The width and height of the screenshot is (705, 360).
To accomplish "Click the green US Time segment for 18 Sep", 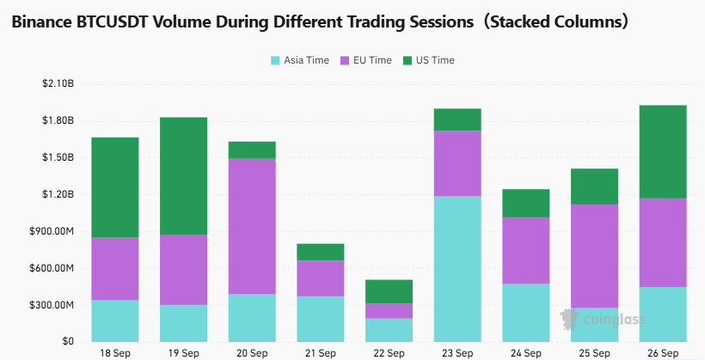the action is [x=115, y=187].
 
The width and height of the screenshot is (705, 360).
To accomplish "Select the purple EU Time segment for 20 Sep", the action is [x=252, y=226].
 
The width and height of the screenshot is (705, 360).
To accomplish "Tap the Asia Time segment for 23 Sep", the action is [x=457, y=269].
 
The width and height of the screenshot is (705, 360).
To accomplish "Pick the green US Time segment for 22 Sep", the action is [x=389, y=291].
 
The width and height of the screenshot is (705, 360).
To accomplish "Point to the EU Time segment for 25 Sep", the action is [x=594, y=256].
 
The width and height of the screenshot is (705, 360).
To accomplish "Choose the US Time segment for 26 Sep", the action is [x=663, y=152].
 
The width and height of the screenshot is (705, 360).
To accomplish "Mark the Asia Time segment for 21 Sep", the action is [x=321, y=319].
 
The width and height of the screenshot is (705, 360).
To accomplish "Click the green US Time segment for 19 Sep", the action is [x=183, y=176].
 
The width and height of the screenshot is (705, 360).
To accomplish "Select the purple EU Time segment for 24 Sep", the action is [x=526, y=250].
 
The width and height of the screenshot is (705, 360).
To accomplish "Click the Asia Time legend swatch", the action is [x=275, y=60].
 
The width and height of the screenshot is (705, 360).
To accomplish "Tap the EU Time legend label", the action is [x=372, y=60].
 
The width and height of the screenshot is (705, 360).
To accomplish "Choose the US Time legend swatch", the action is [x=408, y=60].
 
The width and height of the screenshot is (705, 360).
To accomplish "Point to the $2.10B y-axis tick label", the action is [x=58, y=83].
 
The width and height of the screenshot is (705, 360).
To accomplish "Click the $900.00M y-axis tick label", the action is [x=52, y=231].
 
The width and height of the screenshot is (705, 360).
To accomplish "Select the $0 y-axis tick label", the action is [x=67, y=342].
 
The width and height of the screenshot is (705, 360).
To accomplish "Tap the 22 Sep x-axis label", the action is [x=389, y=353].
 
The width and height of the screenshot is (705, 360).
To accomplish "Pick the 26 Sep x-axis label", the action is [x=663, y=353].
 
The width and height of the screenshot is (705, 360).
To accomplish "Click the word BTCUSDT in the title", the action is [x=113, y=21].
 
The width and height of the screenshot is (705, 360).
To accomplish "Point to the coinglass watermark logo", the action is [x=603, y=320].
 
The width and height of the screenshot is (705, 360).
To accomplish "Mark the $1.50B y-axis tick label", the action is [x=58, y=158].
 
